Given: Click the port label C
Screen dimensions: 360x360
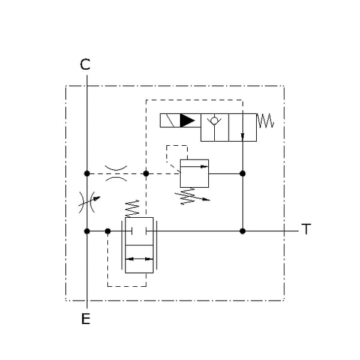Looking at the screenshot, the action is tap(85, 64).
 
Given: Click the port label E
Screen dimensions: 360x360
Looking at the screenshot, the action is tap(86, 319).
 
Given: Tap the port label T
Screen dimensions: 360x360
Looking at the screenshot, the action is tap(306, 229).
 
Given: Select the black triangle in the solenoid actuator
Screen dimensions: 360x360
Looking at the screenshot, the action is tap(187, 121).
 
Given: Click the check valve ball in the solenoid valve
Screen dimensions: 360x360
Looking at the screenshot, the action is tap(214, 121).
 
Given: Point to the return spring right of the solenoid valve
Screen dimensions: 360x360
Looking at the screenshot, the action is tap(265, 121).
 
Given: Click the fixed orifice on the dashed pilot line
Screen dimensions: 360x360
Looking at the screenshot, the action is tap(116, 173).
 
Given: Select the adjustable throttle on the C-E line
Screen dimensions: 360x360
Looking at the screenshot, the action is tap(88, 202).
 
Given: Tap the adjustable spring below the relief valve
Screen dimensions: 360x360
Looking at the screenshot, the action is tap(192, 196).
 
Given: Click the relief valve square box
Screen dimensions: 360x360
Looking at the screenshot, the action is tap(194, 173).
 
